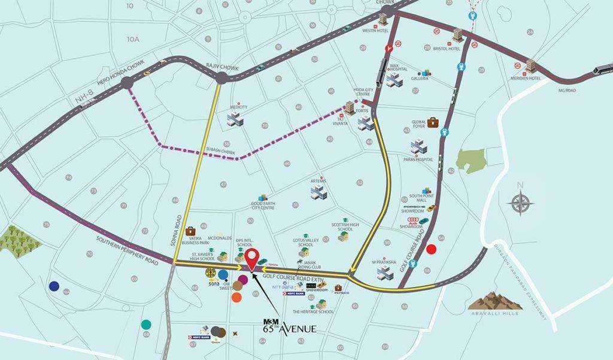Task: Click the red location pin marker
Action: (254, 258)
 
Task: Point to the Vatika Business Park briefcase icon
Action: (191, 231)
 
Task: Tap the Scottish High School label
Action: (345, 227)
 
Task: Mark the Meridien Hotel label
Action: (527, 78)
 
